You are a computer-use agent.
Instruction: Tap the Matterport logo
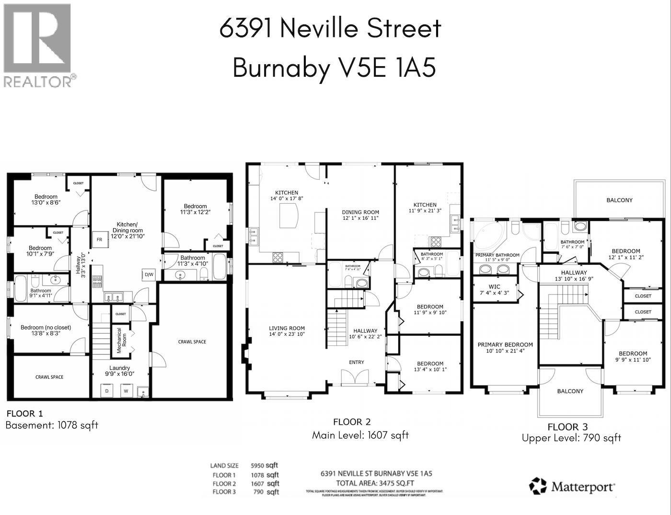click(572, 486)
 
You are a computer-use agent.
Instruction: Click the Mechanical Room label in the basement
click(120, 340)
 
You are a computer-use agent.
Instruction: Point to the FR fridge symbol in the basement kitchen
click(99, 239)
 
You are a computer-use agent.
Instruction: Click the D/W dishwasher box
click(148, 275)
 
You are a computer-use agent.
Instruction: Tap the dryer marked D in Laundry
click(106, 391)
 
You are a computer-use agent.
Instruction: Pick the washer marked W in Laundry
click(127, 391)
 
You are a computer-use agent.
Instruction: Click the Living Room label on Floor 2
click(287, 331)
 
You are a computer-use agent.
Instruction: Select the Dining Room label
click(360, 215)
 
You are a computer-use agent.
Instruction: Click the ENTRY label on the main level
click(356, 362)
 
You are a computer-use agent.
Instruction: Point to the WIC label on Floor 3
click(494, 290)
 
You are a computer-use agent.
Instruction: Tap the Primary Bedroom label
click(505, 348)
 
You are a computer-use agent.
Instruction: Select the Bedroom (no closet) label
click(46, 330)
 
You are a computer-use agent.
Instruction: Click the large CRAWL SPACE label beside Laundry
click(192, 341)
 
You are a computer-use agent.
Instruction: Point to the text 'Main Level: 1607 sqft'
click(360, 435)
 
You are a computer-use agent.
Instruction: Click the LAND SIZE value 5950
click(258, 465)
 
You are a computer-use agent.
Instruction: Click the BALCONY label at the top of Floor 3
click(619, 200)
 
